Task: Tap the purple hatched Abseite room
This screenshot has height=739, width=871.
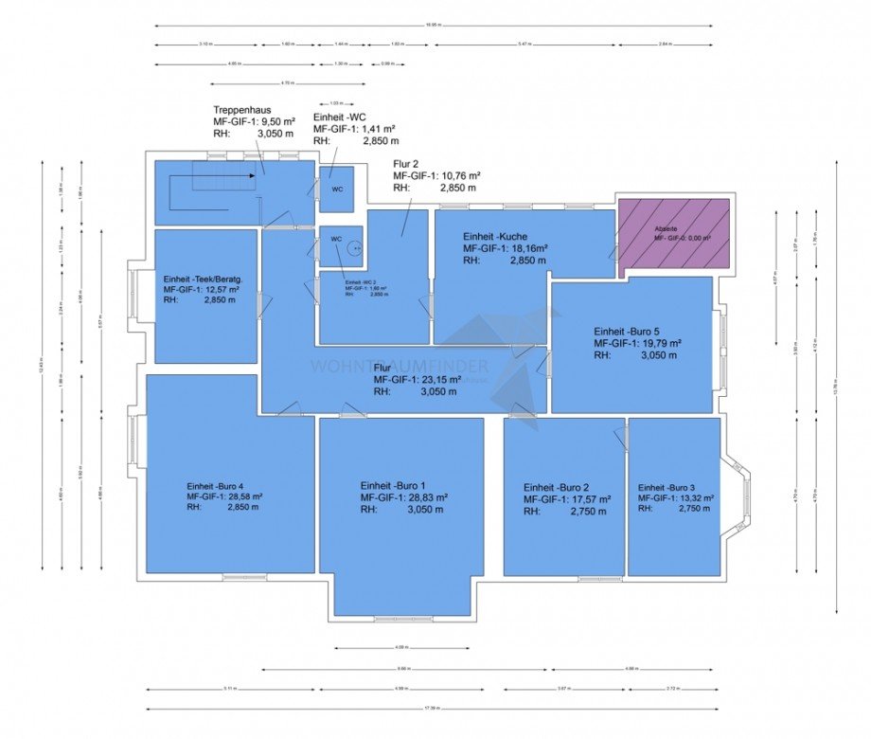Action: click(x=673, y=237)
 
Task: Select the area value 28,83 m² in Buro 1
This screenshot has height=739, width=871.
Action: click(x=422, y=496)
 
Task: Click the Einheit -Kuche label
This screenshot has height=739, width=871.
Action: click(x=495, y=236)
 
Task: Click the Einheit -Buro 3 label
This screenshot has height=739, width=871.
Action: click(x=669, y=486)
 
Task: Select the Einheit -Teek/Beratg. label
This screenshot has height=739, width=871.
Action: click(x=203, y=279)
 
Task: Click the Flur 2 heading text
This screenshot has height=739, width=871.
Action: click(x=406, y=163)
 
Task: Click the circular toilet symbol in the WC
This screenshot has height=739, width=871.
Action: click(x=354, y=249)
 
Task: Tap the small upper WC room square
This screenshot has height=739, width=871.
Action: click(x=336, y=187)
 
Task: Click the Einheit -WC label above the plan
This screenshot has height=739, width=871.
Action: click(x=342, y=116)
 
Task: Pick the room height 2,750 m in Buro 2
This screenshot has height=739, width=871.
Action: click(x=585, y=511)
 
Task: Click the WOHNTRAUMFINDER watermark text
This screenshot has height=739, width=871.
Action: click(x=400, y=367)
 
